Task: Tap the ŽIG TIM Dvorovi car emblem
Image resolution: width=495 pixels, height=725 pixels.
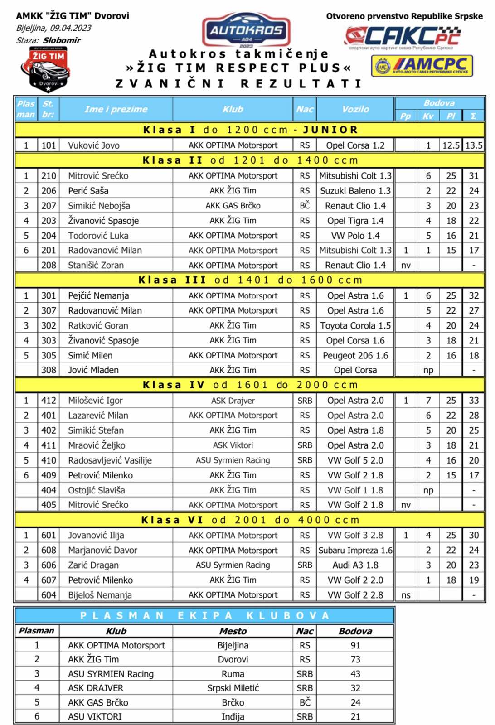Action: pyautogui.click(x=45, y=69)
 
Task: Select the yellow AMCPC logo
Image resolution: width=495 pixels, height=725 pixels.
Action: pyautogui.click(x=422, y=66)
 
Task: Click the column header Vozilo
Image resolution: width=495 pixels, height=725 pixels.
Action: pyautogui.click(x=355, y=109)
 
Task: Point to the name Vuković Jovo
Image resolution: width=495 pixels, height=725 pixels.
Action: pyautogui.click(x=94, y=145)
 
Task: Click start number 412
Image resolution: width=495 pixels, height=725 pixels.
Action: pyautogui.click(x=49, y=401)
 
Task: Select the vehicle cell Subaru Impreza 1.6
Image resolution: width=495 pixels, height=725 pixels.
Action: pyautogui.click(x=355, y=550)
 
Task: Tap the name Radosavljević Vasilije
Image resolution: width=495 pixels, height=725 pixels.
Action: pyautogui.click(x=110, y=460)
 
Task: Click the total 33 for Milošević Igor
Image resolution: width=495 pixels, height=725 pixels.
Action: pyautogui.click(x=474, y=401)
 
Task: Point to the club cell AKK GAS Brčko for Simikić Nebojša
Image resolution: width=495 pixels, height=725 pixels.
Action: pyautogui.click(x=233, y=206)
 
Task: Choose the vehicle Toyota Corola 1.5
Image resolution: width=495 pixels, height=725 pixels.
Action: pyautogui.click(x=355, y=325)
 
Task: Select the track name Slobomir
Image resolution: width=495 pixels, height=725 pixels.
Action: pyautogui.click(x=62, y=40)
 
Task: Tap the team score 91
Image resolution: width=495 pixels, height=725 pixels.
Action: pyautogui.click(x=355, y=645)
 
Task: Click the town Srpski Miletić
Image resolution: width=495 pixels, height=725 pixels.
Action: pyautogui.click(x=233, y=688)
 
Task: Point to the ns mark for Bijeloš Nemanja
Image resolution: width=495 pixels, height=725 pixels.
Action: pyautogui.click(x=406, y=595)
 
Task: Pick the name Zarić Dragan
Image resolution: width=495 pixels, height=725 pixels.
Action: pyautogui.click(x=93, y=565)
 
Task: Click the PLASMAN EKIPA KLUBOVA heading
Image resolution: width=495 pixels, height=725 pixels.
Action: pyautogui.click(x=204, y=615)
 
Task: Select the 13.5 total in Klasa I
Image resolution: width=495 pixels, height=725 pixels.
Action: pyautogui.click(x=474, y=145)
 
